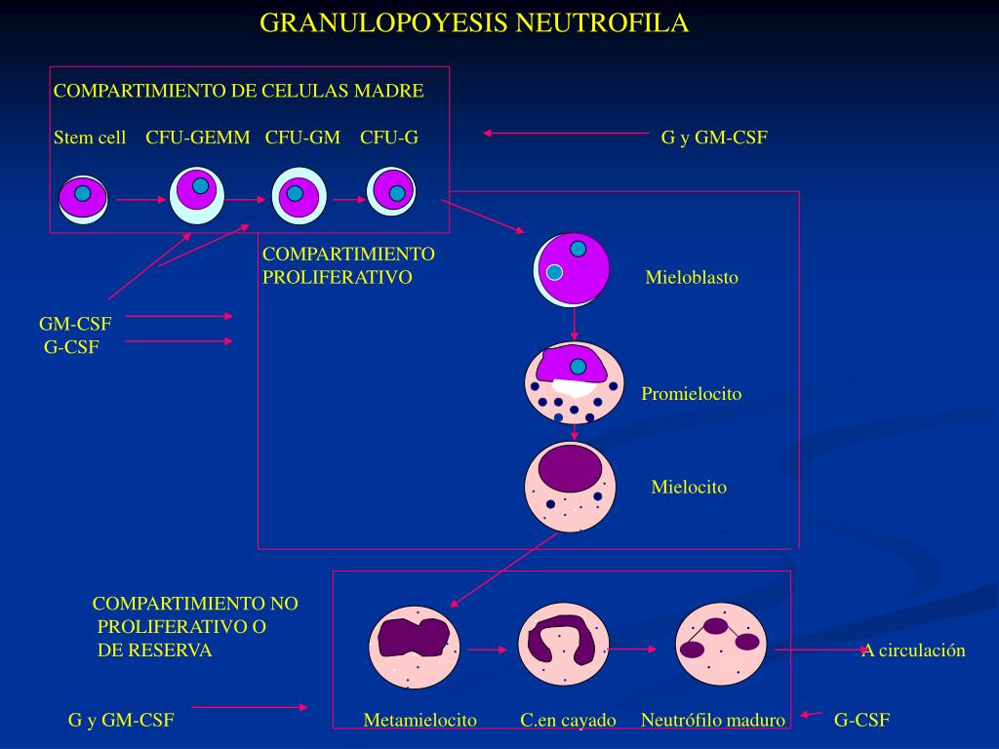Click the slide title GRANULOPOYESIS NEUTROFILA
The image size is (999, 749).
474,23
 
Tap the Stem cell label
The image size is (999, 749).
90,138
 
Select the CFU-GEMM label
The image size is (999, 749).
198,138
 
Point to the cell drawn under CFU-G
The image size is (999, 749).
391,191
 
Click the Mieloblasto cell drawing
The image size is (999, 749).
572,269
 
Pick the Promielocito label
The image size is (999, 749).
691,394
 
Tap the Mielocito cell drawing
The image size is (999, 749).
571,488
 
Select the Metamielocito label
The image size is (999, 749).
420,721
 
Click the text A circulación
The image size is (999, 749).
913,650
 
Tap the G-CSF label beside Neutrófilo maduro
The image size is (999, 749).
861,721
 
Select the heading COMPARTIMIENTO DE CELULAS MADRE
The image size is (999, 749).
238,91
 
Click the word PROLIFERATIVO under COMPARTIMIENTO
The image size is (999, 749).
337,277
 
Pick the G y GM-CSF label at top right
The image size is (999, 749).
714,138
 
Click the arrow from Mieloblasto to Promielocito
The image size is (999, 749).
575,324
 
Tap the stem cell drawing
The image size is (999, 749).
82,199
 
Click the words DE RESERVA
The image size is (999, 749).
154,650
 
